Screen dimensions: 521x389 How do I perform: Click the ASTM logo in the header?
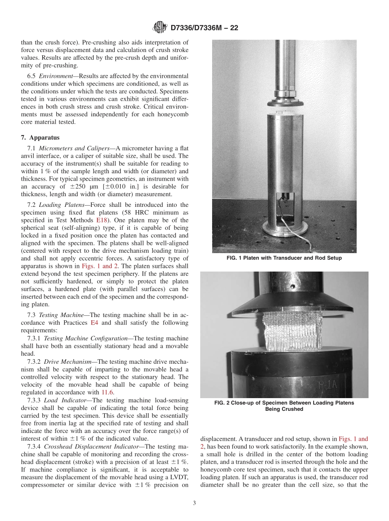coord(160,27)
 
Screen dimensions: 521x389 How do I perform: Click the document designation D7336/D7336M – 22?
coord(204,28)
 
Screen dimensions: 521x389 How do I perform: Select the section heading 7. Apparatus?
coord(41,138)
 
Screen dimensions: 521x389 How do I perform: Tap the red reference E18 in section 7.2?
coord(102,220)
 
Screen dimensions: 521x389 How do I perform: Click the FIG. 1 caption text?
coord(284,258)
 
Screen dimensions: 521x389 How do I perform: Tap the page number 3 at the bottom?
coord(194,503)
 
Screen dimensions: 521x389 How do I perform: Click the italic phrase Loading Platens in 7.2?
coord(62,205)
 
